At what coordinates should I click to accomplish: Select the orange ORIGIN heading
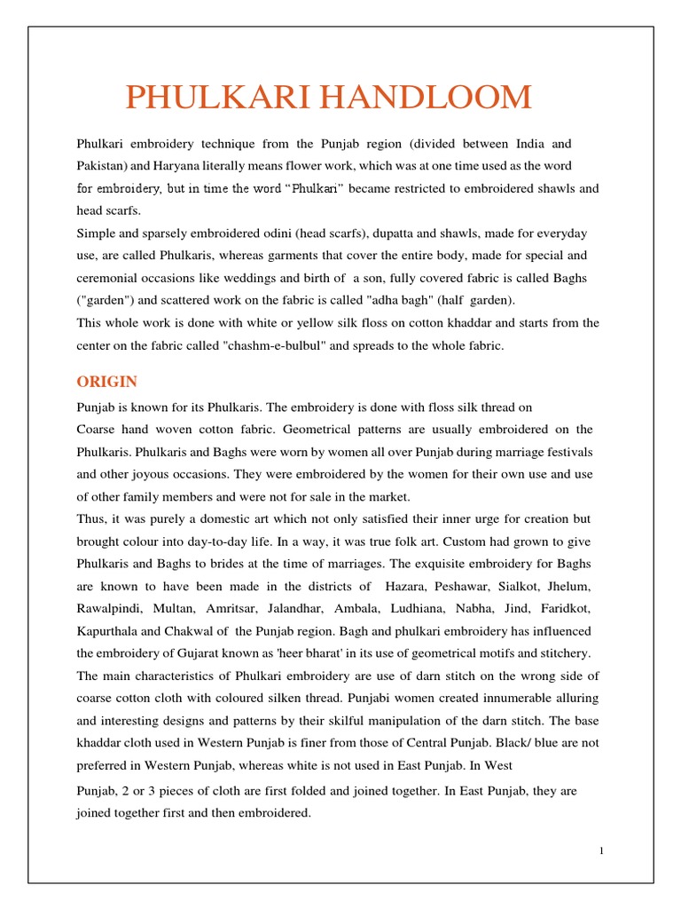pos(106,382)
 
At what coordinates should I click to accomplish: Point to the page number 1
pos(601,851)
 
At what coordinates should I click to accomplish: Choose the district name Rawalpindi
pos(109,609)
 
